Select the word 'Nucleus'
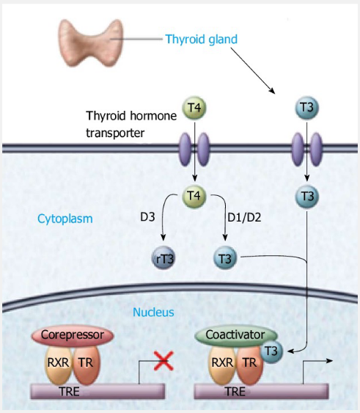[x=153, y=312]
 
